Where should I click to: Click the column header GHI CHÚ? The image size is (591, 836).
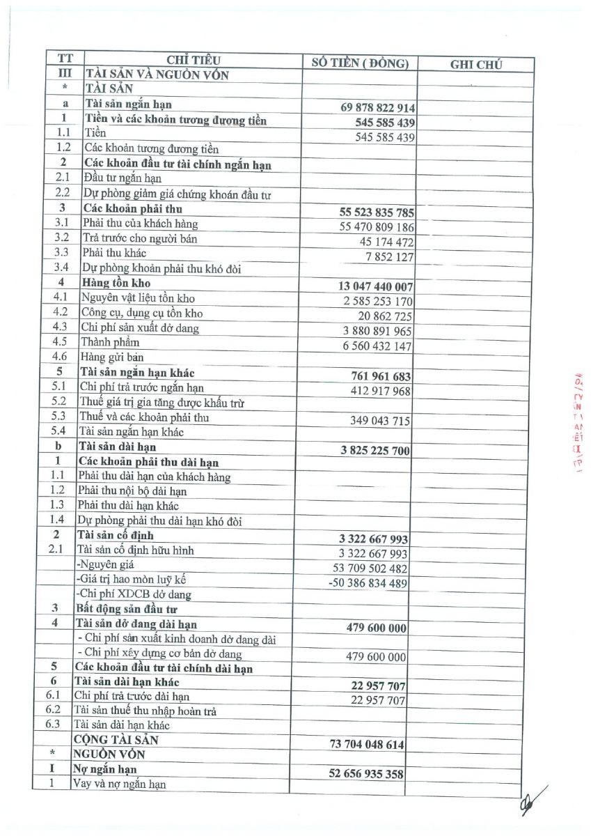point(476,65)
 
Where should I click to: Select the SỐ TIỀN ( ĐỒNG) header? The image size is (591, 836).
point(360,63)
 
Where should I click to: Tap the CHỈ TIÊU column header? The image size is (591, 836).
point(193,60)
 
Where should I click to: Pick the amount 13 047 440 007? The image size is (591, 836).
point(375,286)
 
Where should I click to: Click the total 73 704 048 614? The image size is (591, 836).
point(367,744)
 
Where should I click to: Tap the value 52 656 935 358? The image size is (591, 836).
point(366,774)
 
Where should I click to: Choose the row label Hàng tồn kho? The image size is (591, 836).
point(114,283)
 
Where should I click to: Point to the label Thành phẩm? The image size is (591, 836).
point(110,342)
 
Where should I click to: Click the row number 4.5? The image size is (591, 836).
point(60,342)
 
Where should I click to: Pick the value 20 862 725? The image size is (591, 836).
point(385,316)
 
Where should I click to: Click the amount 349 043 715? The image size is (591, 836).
point(380,420)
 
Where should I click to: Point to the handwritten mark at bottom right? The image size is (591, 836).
point(534,799)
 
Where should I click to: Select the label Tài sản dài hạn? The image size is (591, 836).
point(117,447)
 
